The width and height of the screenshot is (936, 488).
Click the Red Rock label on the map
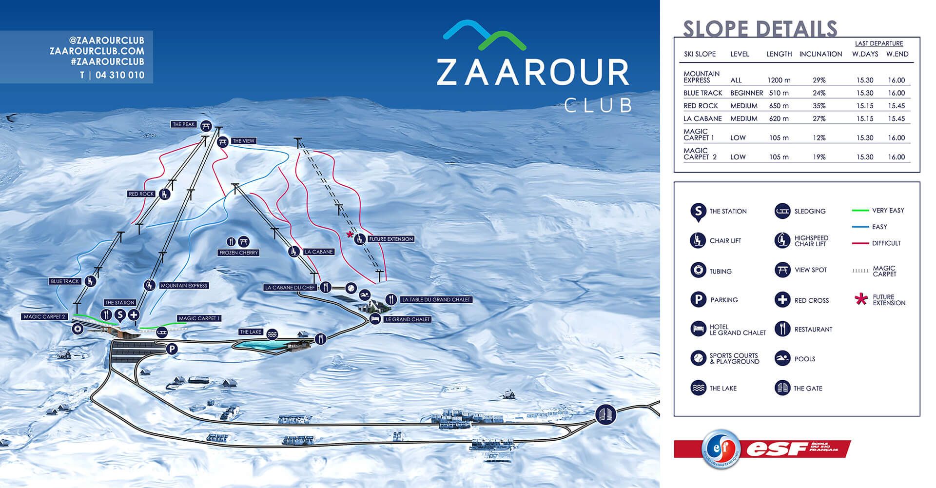141,194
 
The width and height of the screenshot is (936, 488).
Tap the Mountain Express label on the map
184,286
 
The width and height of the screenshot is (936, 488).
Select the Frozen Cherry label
238,253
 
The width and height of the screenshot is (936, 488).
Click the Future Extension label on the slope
391,239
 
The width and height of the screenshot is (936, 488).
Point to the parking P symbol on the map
172,349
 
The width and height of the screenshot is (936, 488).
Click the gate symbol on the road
606,414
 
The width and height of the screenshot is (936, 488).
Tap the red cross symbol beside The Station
134,315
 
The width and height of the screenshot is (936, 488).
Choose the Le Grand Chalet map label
407,319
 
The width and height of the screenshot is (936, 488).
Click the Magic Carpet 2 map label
44,317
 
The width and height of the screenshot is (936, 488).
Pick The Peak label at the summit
183,124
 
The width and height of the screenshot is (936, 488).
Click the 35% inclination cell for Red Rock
819,106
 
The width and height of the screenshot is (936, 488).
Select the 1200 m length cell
779,80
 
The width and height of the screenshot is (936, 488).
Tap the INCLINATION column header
820,54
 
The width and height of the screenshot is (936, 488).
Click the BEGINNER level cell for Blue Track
746,93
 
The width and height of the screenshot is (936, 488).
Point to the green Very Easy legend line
860,211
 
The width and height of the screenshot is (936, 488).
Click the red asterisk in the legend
861,299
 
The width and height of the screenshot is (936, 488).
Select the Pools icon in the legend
782,359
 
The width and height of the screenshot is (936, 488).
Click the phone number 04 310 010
120,75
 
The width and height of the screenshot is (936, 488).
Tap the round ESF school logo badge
721,449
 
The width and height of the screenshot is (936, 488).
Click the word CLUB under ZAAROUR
598,105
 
